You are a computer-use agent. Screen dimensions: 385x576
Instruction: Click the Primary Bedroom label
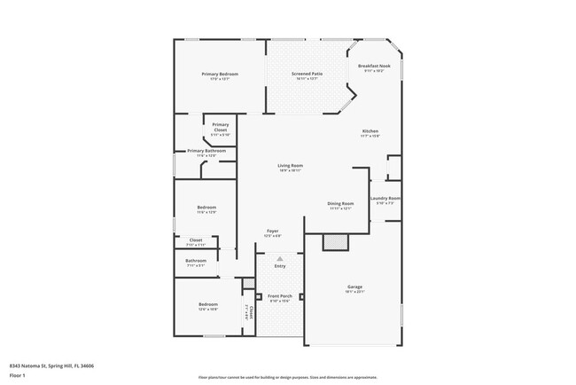219,74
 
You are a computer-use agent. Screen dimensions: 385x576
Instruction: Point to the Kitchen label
370,130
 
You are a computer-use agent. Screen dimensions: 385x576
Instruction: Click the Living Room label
291,165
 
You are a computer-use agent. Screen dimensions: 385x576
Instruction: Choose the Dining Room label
341,203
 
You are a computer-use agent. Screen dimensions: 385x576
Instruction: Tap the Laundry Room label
385,198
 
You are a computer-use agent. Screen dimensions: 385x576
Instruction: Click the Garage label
354,287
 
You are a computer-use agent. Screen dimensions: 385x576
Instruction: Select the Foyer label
273,231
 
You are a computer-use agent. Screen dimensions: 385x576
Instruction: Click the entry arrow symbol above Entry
280,258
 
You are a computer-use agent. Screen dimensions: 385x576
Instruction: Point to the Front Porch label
280,296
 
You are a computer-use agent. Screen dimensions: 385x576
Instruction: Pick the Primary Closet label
221,127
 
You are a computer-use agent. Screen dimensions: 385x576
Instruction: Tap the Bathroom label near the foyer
196,260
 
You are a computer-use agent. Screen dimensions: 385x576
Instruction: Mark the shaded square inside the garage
335,242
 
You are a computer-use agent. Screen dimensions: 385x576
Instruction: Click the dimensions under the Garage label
354,292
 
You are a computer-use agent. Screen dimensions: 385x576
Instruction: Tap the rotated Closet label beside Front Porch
251,312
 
